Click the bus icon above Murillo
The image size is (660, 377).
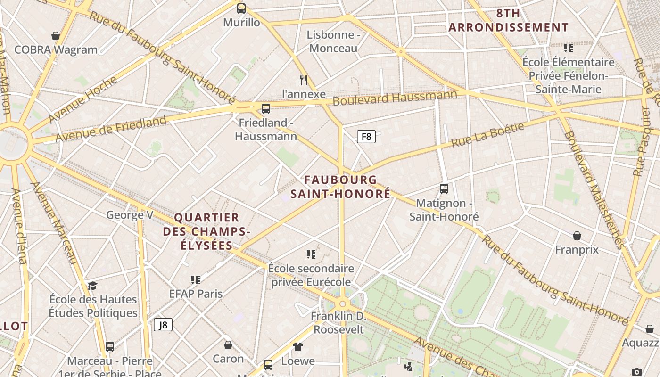coord(241,8)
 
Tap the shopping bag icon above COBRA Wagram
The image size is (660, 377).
coord(56,36)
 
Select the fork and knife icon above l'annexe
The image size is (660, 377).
coord(304,80)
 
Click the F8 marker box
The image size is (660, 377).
coord(366,137)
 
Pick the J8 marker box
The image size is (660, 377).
coord(163,325)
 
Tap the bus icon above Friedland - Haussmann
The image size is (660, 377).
coord(266,109)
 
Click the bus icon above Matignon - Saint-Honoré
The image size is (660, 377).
coord(444,189)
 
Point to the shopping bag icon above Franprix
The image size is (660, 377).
coord(577,236)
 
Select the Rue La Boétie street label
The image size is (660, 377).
coord(487,135)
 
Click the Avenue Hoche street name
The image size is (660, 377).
coord(83,99)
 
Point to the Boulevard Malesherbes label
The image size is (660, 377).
coord(594,189)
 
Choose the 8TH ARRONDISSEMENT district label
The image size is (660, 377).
coord(508,21)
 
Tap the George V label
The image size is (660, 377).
coord(130,215)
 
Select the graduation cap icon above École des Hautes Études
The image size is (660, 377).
coord(92,286)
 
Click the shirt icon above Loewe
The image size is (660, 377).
coord(297,347)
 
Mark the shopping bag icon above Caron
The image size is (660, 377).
coord(228,345)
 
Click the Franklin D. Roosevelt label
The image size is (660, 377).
coord(338,322)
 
